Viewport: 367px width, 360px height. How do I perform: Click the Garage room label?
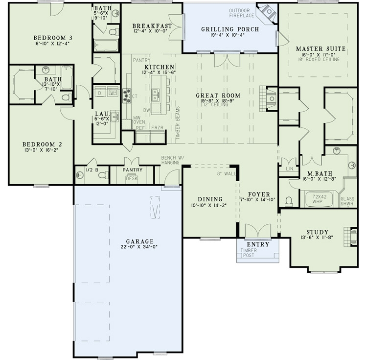coord(139,241)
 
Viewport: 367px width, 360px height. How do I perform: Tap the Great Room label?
coord(218,96)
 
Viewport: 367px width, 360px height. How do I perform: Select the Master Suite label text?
coord(321,49)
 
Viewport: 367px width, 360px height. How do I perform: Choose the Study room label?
coord(317,232)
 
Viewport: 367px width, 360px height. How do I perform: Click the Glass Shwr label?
coord(347,201)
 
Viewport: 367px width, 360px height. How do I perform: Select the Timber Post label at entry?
coord(249,253)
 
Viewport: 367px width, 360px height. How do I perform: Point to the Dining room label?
coord(210,199)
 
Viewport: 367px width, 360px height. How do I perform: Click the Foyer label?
coord(256,193)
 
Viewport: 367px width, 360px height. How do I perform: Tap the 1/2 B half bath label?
coord(92,170)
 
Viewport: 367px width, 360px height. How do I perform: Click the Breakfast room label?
coord(152,26)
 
